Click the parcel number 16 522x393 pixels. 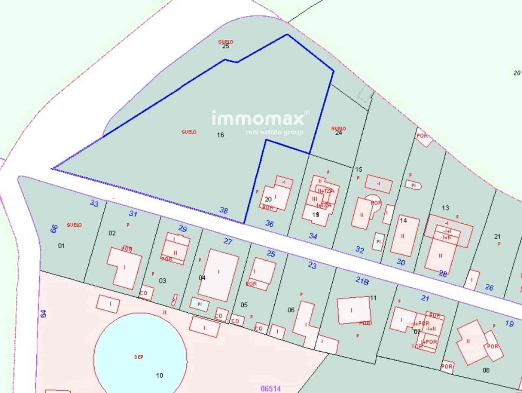point(220,135)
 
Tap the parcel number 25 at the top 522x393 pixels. point(226,46)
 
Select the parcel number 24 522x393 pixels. point(339,133)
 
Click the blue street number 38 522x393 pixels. point(224,210)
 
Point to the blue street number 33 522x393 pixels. point(94,204)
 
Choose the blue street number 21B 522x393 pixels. point(362,281)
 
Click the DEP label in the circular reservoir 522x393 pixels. point(139,357)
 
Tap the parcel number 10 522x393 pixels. point(160,376)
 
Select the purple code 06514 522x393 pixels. point(270,389)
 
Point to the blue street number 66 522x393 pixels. point(54,229)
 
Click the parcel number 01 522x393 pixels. point(61,246)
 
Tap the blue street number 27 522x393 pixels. point(228,241)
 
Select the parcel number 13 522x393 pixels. point(445,208)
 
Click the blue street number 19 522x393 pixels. point(509,324)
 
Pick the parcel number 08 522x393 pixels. point(486,370)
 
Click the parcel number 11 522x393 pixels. point(373,298)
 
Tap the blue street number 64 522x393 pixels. point(44,314)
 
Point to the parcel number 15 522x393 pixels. point(359,169)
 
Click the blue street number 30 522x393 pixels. point(401,262)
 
